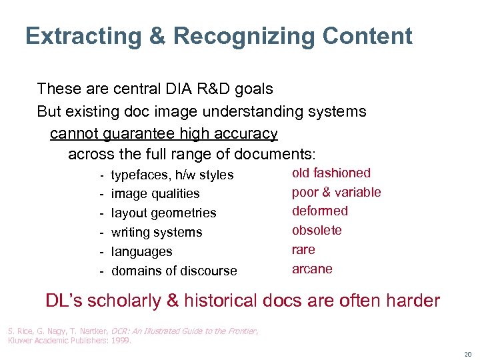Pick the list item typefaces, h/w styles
(x=172, y=175)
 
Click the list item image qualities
(x=155, y=194)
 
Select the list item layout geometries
(x=163, y=213)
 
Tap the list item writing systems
(x=156, y=233)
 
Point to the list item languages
(x=141, y=252)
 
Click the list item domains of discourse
(x=174, y=271)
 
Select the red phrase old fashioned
(x=331, y=173)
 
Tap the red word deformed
(x=320, y=211)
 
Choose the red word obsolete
(x=317, y=231)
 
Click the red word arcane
(x=312, y=269)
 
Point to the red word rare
(x=303, y=250)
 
